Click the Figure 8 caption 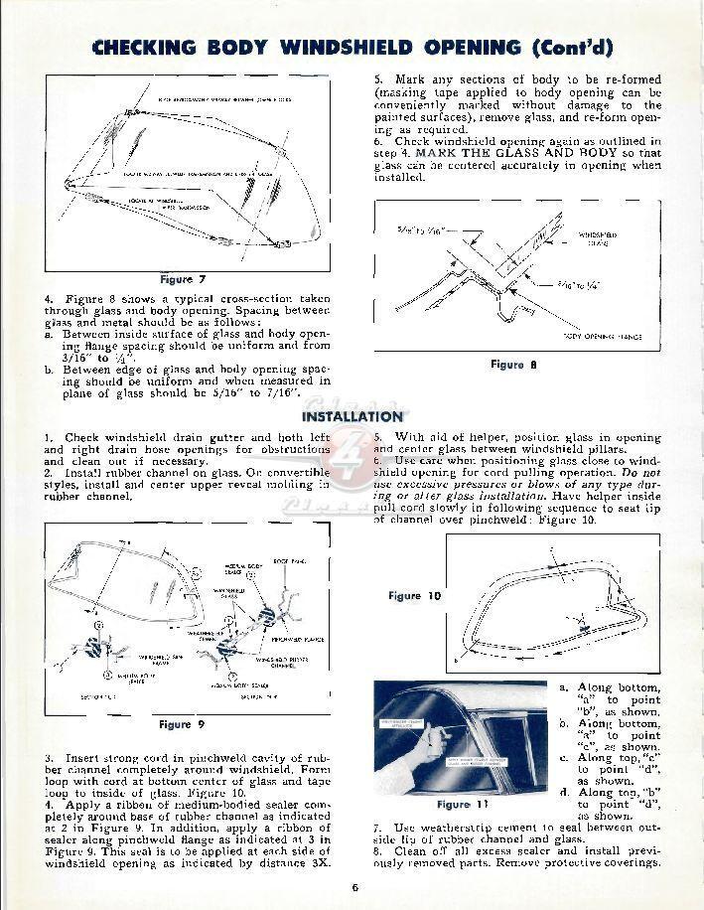pyautogui.click(x=513, y=365)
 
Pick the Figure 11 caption pyautogui.click(x=460, y=804)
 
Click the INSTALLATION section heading pyautogui.click(x=352, y=416)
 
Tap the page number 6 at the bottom pyautogui.click(x=352, y=888)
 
